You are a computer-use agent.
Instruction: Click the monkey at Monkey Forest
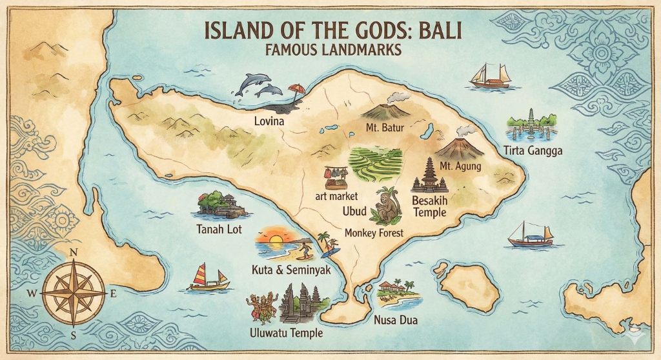389,206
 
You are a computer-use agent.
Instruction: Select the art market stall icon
336,174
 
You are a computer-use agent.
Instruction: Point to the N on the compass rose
73,252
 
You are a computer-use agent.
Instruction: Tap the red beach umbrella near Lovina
296,90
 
